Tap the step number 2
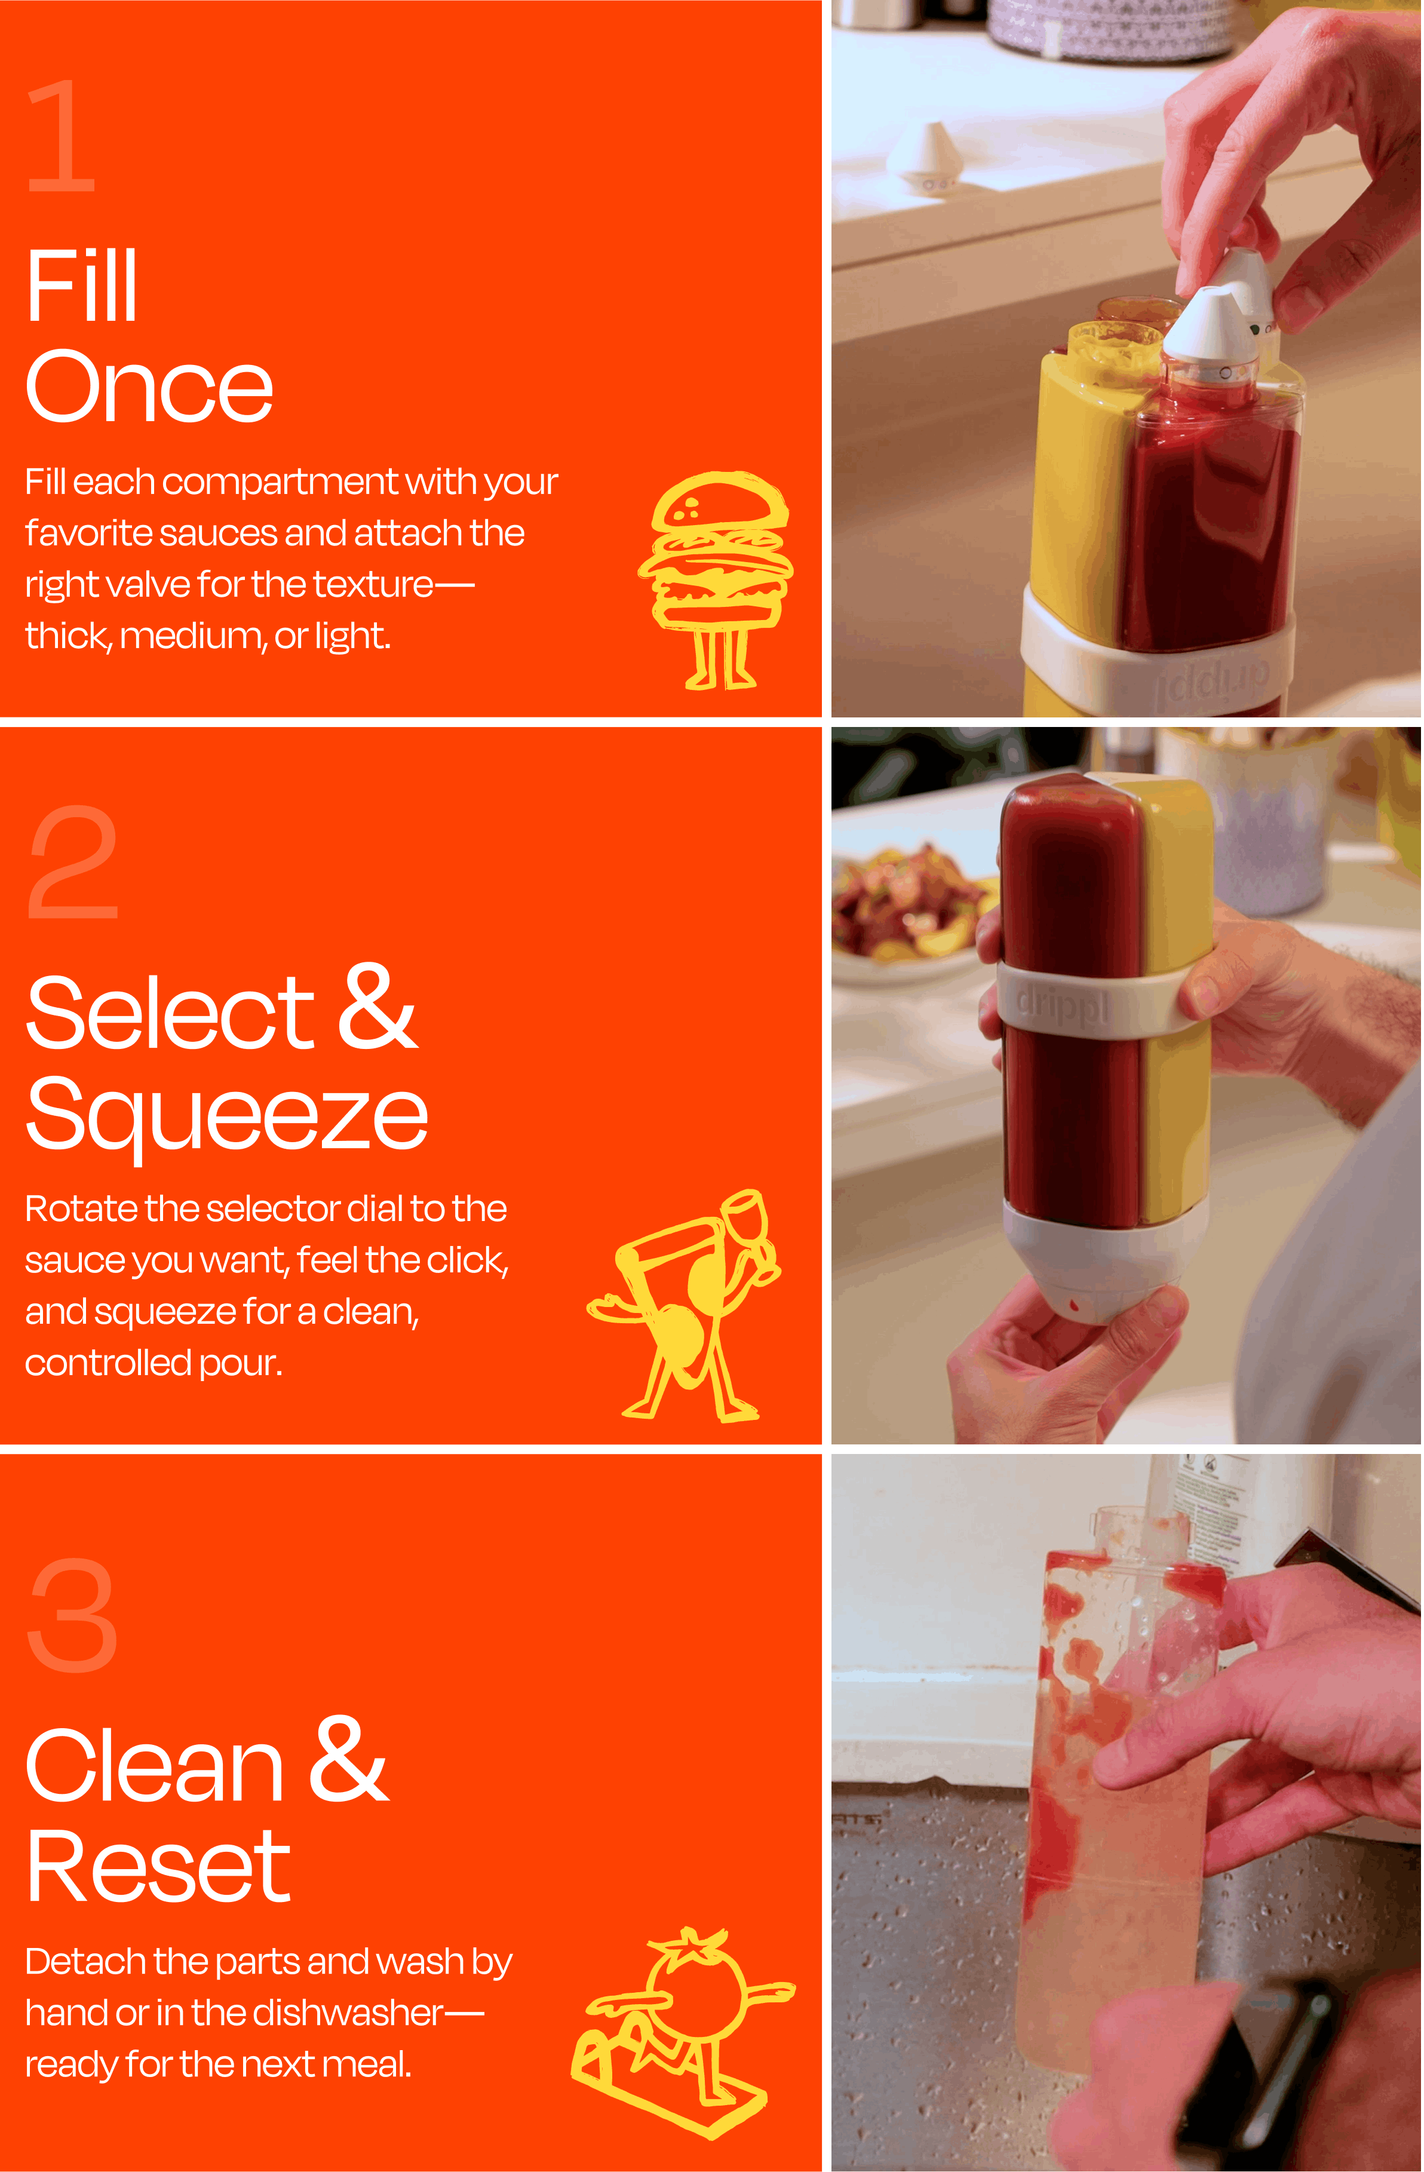click(x=73, y=863)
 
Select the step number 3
click(x=73, y=1615)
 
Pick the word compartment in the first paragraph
click(x=280, y=482)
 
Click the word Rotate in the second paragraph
click(x=80, y=1209)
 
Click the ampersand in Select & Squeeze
click(x=377, y=1008)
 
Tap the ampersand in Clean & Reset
click(x=349, y=1762)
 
